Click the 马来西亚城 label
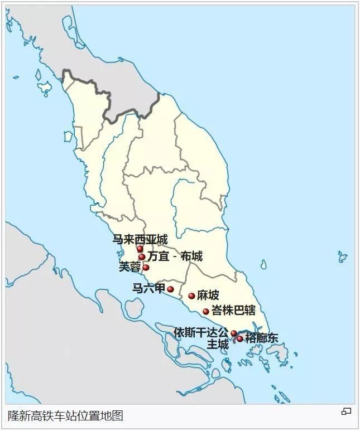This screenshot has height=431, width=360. tap(140, 240)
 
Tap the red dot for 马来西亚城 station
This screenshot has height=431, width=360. tap(140, 249)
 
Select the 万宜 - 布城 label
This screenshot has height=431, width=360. tap(175, 256)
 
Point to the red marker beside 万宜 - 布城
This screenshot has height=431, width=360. tap(142, 257)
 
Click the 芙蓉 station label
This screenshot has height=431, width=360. tap(130, 267)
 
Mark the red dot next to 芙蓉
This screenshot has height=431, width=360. tap(146, 268)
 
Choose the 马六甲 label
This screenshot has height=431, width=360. tap(148, 288)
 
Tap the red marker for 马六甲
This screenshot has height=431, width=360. tap(171, 289)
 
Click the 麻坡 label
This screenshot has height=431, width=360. tap(208, 296)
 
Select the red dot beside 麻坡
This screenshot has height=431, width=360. tap(191, 296)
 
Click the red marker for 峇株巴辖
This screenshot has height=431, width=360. tap(206, 312)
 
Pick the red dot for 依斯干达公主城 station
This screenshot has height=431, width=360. tap(234, 333)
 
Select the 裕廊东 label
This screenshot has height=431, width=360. tap(262, 338)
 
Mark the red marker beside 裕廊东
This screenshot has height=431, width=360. tap(240, 338)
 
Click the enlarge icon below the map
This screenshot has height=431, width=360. tap(347, 411)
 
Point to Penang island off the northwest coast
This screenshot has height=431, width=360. tap(68, 136)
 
